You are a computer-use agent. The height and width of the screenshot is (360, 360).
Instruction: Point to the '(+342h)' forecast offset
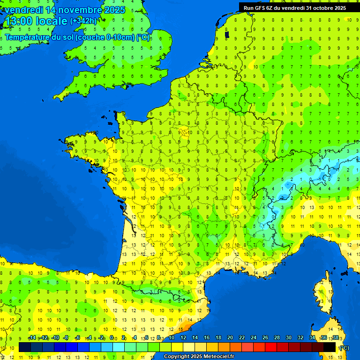pos(83,21)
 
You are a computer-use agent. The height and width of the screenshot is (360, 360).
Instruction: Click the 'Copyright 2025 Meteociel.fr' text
pos(199,357)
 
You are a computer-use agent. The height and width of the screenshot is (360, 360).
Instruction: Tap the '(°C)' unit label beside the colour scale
pos(344,347)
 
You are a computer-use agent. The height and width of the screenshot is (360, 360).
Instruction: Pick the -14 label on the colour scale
pos(32,337)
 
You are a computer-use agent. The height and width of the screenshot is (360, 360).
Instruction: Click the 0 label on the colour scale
pos(112,337)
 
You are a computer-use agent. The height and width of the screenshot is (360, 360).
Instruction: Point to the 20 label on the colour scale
pos(230,337)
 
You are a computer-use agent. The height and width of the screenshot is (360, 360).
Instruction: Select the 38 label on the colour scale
pos(335,337)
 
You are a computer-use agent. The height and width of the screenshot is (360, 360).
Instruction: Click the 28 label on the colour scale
pos(277,337)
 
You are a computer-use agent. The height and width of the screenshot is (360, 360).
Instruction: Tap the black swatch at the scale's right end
pos(330,347)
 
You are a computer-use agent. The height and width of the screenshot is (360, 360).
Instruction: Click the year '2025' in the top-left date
pos(115,10)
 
